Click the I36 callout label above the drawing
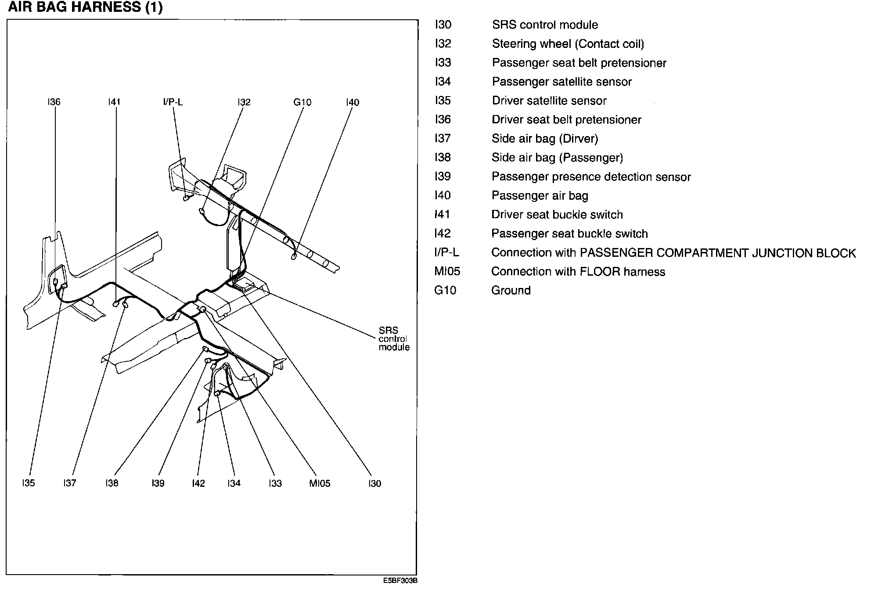[54, 102]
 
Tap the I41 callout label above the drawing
[114, 102]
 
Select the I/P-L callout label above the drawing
[173, 102]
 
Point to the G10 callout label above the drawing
[302, 102]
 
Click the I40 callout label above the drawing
[352, 102]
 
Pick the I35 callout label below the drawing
[28, 483]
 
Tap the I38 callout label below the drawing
[112, 483]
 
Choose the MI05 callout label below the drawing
[320, 483]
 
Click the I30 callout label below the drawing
[374, 483]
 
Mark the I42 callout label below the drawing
[198, 483]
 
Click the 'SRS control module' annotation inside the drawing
[394, 338]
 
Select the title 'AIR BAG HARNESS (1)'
[85, 7]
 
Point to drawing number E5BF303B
[400, 580]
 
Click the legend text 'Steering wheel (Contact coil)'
[568, 44]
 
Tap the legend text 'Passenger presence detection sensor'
[591, 177]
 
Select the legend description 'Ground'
[511, 291]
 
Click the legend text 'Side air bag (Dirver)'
[544, 139]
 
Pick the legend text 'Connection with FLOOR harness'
[578, 272]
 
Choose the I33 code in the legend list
[443, 63]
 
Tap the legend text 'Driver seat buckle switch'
[557, 215]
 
